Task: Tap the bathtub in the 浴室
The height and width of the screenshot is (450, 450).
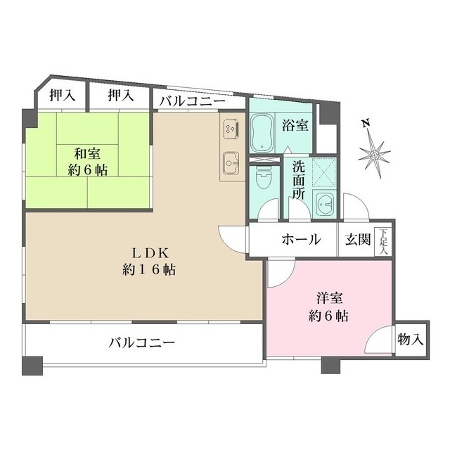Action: tap(264, 133)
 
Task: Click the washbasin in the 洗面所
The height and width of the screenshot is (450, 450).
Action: tap(325, 207)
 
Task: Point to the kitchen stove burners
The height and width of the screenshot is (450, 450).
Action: tap(231, 129)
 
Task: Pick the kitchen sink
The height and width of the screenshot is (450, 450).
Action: tap(231, 162)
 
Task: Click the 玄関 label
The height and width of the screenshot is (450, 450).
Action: tap(357, 240)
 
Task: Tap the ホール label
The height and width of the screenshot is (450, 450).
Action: tap(301, 240)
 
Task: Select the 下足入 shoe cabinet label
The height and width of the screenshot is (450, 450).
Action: tap(383, 242)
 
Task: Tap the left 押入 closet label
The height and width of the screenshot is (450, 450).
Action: tap(61, 96)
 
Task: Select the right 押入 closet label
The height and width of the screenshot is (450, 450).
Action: tap(120, 96)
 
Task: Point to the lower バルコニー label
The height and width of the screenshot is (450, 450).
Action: tap(141, 344)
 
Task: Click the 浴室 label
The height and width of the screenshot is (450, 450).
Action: tap(295, 127)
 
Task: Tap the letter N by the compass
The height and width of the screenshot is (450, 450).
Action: tap(365, 124)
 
